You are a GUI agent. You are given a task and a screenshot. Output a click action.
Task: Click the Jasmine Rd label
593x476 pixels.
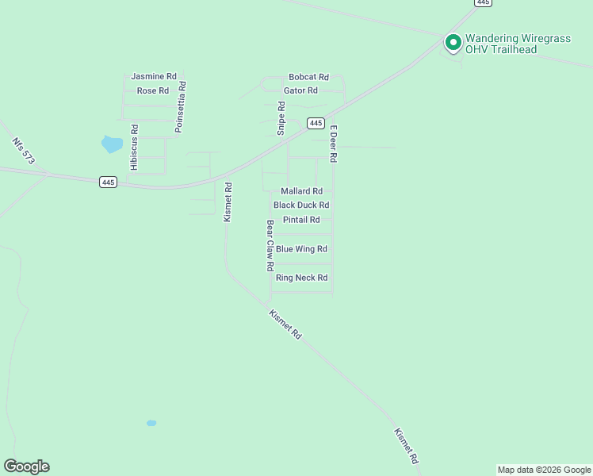pyautogui.click(x=153, y=76)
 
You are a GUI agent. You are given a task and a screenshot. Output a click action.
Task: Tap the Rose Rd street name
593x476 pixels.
pyautogui.click(x=153, y=90)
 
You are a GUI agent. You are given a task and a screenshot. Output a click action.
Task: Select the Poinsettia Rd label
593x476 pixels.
pyautogui.click(x=182, y=106)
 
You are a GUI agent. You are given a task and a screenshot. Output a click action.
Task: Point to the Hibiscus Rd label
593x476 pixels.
pyautogui.click(x=135, y=147)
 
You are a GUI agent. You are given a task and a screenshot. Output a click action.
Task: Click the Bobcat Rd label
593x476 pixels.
pyautogui.click(x=308, y=77)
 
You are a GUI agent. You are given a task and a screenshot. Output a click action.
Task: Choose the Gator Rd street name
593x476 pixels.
pyautogui.click(x=300, y=90)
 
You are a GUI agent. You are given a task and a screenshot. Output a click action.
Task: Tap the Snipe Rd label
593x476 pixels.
pyautogui.click(x=281, y=118)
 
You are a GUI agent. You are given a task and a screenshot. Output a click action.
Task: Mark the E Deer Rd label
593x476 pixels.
pyautogui.click(x=334, y=144)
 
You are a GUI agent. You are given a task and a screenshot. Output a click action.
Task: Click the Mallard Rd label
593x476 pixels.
pyautogui.click(x=301, y=191)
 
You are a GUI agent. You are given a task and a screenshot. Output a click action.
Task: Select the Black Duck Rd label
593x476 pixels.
pyautogui.click(x=301, y=205)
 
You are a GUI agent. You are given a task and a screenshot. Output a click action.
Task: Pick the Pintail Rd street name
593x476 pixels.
pyautogui.click(x=301, y=220)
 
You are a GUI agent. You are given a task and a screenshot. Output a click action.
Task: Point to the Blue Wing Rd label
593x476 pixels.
pyautogui.click(x=301, y=249)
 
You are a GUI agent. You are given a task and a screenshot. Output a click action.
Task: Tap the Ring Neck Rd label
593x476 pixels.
pyautogui.click(x=301, y=278)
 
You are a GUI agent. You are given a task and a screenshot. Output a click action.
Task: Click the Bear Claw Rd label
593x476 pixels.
pyautogui.click(x=270, y=246)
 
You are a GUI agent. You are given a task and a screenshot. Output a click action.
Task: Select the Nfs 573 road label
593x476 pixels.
pyautogui.click(x=23, y=152)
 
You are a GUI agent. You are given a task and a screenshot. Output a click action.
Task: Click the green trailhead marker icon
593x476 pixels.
pyautogui.click(x=453, y=41)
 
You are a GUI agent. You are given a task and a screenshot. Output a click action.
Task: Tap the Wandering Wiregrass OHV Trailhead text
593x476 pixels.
pyautogui.click(x=514, y=44)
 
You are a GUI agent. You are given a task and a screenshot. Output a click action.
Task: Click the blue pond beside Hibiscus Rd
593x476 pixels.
pyautogui.click(x=112, y=144)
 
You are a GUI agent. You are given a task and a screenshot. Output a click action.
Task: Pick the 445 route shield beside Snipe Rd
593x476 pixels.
pyautogui.click(x=316, y=123)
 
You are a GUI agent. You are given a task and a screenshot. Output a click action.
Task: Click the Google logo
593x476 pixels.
pyautogui.click(x=26, y=466)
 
